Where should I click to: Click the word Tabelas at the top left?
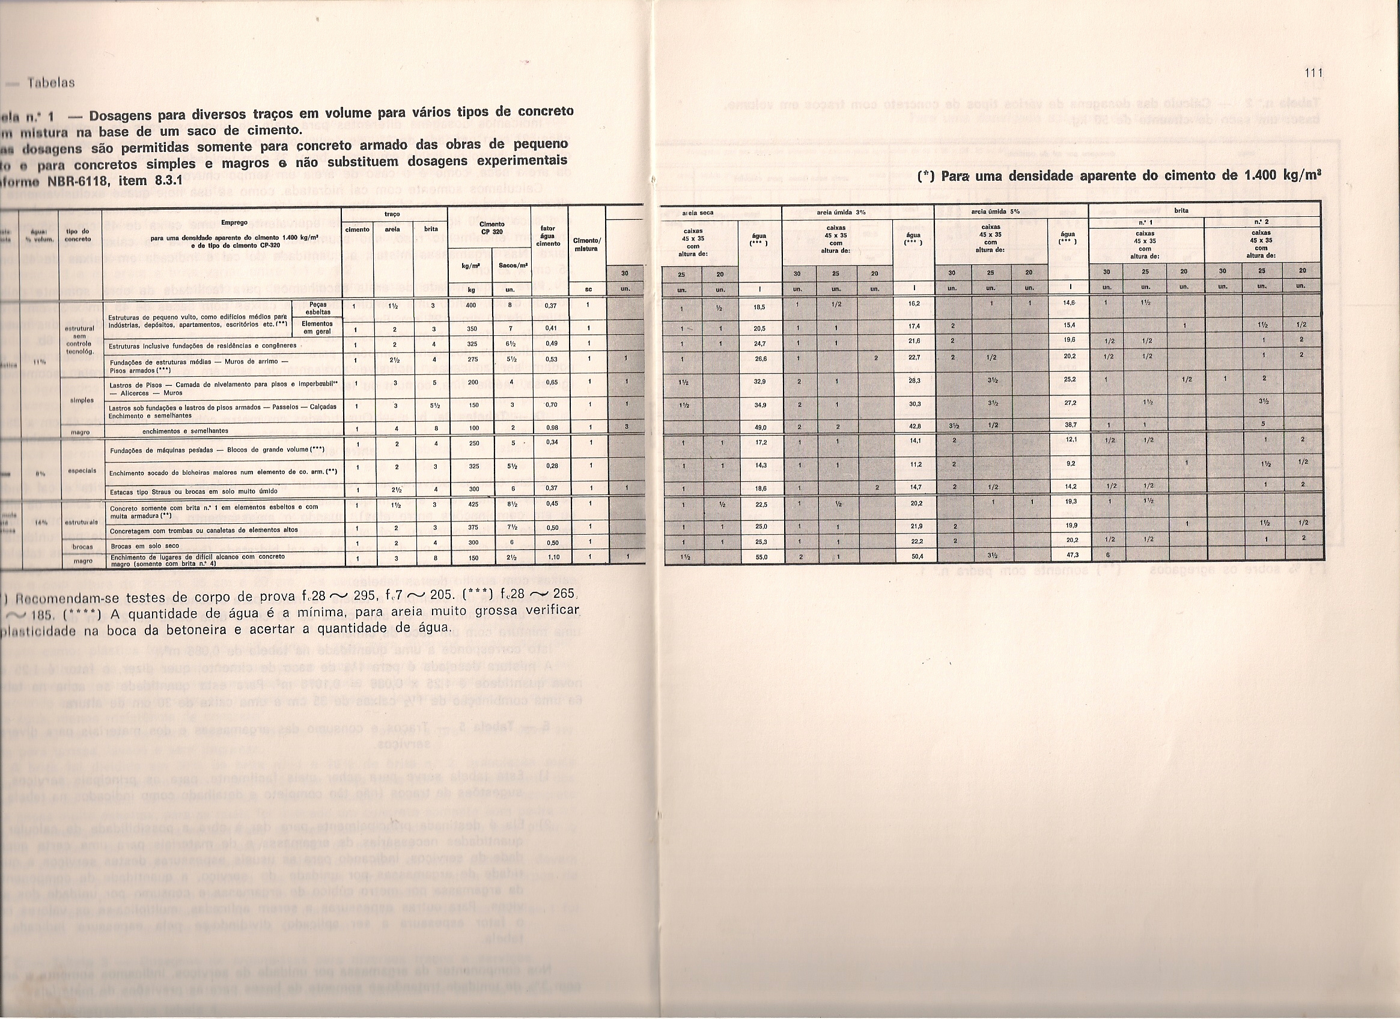[x=51, y=83]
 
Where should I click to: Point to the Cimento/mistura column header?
[x=587, y=245]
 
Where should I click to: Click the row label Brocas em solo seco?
[x=145, y=546]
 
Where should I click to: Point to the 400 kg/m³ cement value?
[x=471, y=305]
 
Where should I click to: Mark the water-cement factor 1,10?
[x=552, y=557]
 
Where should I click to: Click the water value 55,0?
[x=760, y=557]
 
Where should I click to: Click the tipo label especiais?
[x=83, y=470]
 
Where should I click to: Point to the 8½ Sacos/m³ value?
[x=513, y=504]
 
